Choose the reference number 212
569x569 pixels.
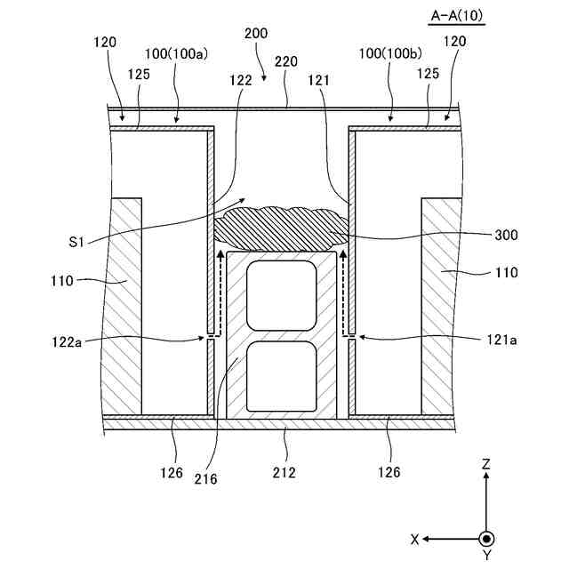285,472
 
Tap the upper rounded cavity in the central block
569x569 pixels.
282,297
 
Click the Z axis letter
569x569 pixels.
486,463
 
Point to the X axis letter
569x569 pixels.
414,540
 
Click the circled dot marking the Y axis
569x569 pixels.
486,539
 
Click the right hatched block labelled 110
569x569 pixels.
439,302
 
